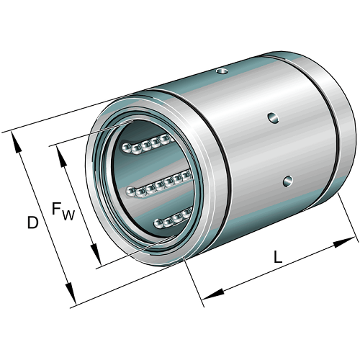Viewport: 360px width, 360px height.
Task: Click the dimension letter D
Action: [x=32, y=223]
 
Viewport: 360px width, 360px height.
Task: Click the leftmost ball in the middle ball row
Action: [x=132, y=189]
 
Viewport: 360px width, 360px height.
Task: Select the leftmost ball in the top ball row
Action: [x=127, y=148]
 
